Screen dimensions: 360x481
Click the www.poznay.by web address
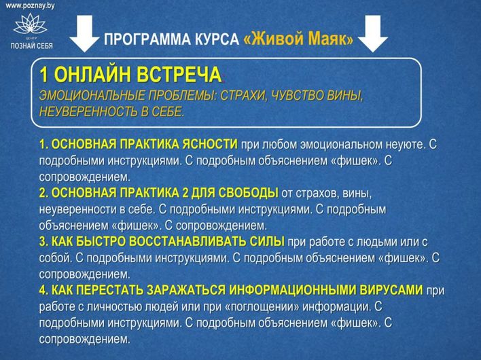coord(31,5)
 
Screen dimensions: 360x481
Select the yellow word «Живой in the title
coord(271,39)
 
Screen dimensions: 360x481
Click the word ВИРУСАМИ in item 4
coord(387,290)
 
